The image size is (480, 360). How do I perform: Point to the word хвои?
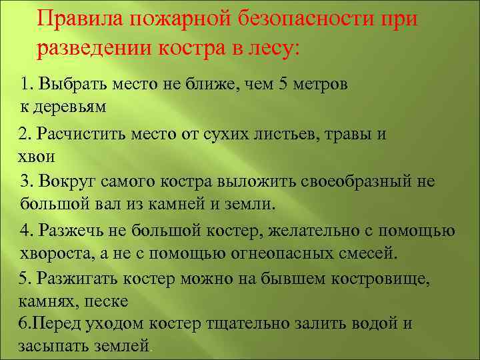(x=36, y=157)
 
